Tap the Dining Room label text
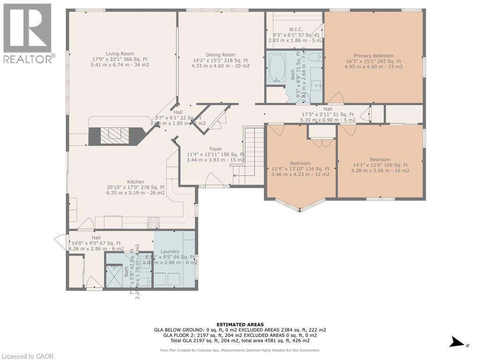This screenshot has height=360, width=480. pyautogui.click(x=220, y=55)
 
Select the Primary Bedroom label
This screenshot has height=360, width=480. pyautogui.click(x=373, y=56)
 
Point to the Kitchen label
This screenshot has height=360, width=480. pyautogui.click(x=135, y=182)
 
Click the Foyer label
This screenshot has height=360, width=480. pyautogui.click(x=216, y=149)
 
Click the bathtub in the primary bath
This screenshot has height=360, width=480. pyautogui.click(x=278, y=68)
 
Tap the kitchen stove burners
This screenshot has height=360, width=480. pyautogui.click(x=153, y=223)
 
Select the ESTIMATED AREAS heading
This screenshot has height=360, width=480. pyautogui.click(x=240, y=324)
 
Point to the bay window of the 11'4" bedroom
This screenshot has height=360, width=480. pyautogui.click(x=300, y=205)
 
